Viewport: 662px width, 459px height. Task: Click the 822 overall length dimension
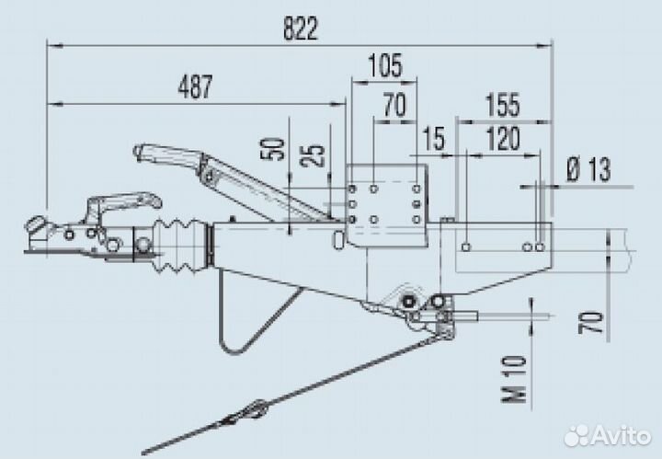pos(300,29)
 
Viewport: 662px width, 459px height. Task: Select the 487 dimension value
pos(195,87)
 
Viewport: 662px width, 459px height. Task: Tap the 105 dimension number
pos(385,65)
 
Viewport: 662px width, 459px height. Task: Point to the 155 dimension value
pos(502,105)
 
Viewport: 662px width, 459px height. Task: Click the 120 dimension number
pos(503,139)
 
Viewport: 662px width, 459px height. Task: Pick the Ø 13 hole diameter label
pos(588,169)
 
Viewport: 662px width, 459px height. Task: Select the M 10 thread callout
pos(515,379)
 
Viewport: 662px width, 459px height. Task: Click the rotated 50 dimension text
pos(276,149)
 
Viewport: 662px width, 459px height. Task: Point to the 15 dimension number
pos(434,139)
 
